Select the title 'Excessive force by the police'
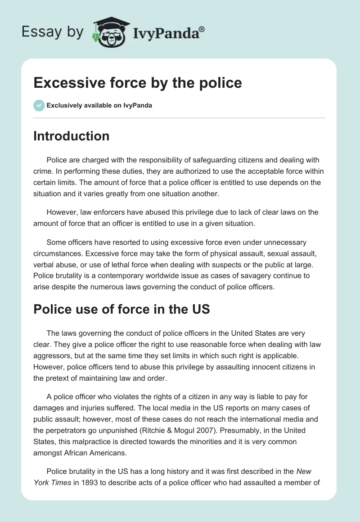pos(138,83)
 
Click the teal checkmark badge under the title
pos(39,105)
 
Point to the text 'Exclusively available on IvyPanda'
pos(99,106)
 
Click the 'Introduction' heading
pos(71,136)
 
